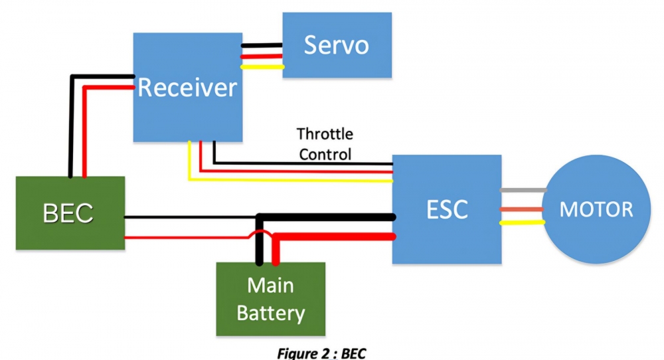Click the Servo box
pos(337,45)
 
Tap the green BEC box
pos(70,213)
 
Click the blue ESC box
pos(446,209)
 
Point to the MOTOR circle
pos(596,209)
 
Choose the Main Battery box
pos(271,299)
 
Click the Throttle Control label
pos(325,144)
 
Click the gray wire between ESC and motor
pos(522,190)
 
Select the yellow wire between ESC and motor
pos(522,223)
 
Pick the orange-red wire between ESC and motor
pos(522,209)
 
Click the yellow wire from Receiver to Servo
pos(262,66)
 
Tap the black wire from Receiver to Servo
pos(262,46)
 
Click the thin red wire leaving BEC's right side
pos(186,236)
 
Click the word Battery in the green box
pos(271,313)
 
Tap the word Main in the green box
pos(271,286)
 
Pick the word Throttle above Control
pos(325,134)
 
